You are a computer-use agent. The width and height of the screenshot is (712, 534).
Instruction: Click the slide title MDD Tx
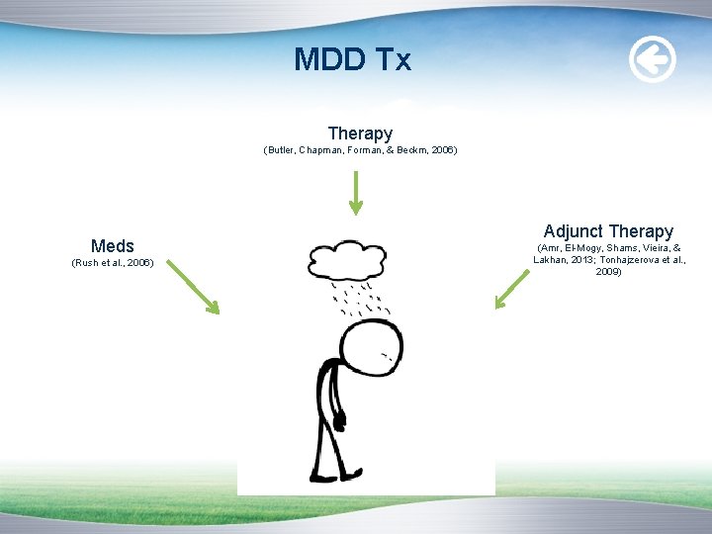point(352,60)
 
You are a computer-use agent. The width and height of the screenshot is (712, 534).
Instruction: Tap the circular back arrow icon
point(653,60)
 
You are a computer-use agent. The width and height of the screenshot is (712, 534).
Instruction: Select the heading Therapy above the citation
point(360,133)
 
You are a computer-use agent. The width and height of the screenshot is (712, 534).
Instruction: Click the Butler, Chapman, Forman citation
point(360,150)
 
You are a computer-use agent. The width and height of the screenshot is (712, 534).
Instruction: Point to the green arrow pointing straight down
point(355,192)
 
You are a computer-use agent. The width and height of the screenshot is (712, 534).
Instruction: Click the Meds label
point(113,245)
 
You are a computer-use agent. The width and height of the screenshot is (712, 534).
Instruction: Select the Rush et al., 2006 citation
point(113,263)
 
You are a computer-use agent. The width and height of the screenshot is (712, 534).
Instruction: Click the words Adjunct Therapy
point(608,231)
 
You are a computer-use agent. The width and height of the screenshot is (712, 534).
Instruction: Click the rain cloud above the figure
point(346,259)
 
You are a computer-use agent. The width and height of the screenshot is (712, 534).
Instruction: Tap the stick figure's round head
point(372,350)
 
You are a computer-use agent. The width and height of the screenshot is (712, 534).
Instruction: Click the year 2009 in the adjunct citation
point(608,271)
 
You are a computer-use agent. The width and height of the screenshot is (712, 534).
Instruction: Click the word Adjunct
point(574,231)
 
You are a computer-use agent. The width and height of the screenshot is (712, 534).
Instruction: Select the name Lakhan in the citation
point(555,259)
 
